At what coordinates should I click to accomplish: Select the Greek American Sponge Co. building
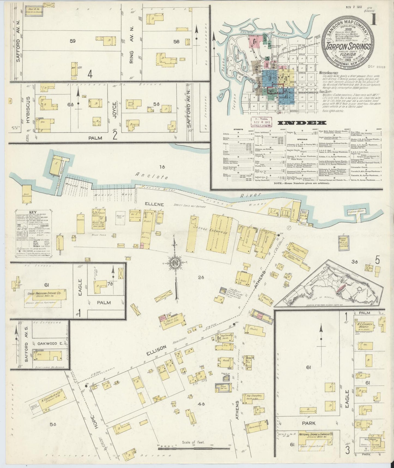[x=46, y=295]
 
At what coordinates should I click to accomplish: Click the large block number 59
[x=72, y=41]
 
